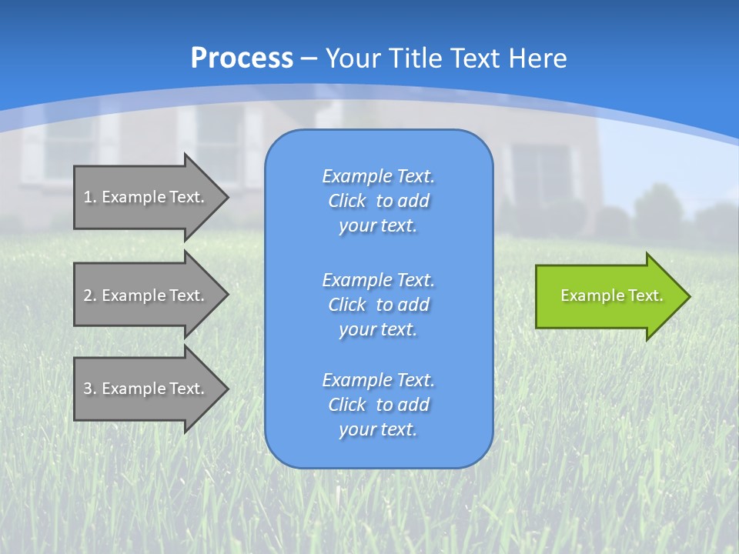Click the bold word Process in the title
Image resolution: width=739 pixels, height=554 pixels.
242,58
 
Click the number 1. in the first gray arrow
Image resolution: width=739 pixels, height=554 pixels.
89,197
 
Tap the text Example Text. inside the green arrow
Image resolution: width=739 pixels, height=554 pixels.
612,295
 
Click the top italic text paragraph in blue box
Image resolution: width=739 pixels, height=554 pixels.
378,201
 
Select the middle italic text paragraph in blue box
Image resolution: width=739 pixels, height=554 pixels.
378,305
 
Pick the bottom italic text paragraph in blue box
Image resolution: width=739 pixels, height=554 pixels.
378,405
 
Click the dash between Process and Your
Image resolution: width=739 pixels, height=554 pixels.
309,58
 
